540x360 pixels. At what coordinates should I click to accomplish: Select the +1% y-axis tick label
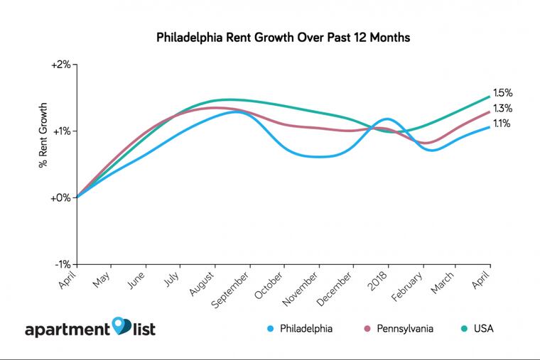point(62,131)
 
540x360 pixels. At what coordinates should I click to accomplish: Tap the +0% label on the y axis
point(62,197)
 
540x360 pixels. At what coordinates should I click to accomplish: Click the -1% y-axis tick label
point(62,264)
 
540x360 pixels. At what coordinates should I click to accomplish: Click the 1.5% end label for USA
point(502,93)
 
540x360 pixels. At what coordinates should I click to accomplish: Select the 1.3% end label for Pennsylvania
point(502,109)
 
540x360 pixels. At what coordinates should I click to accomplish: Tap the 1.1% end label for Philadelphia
point(502,124)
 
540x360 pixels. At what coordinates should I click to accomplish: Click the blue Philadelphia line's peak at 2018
point(387,119)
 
